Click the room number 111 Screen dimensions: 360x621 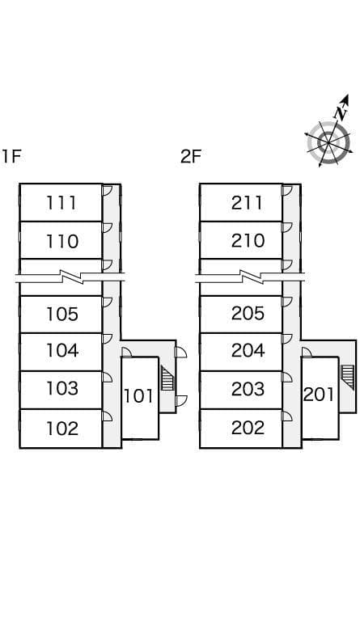click(x=61, y=203)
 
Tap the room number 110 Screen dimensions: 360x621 click(x=62, y=241)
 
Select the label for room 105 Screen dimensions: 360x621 click(x=62, y=314)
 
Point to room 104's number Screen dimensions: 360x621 click(x=62, y=350)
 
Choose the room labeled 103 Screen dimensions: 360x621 click(x=62, y=388)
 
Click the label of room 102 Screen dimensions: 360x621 click(x=62, y=428)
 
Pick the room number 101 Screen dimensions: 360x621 click(x=138, y=395)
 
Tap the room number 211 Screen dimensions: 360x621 click(x=247, y=203)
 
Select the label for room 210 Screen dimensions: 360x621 click(x=248, y=241)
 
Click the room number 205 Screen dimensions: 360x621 click(x=248, y=313)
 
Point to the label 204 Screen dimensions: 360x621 click(x=248, y=350)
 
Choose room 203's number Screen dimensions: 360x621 click(x=248, y=389)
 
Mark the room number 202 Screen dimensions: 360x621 click(x=248, y=428)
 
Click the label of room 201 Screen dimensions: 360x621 click(x=319, y=395)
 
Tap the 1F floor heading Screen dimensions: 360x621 click(x=11, y=156)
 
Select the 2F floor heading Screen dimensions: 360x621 click(x=191, y=156)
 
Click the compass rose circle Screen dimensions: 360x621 click(x=328, y=142)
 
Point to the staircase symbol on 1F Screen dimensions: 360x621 click(x=167, y=378)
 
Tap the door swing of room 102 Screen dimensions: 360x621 click(x=108, y=416)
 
